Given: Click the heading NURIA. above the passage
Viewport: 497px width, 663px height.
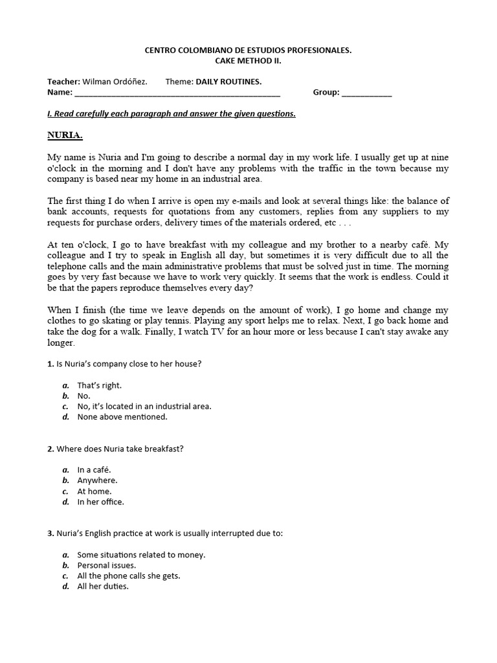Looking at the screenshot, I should point(65,135).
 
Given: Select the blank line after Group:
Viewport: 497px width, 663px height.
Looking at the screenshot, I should point(366,93).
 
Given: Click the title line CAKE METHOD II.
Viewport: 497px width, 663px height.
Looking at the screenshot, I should point(248,61).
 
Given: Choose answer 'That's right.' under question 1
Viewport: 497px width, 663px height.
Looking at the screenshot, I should point(99,385).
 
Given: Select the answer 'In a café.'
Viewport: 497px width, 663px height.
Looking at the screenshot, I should point(94,470).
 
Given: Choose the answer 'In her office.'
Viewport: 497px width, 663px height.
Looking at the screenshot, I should point(100,502).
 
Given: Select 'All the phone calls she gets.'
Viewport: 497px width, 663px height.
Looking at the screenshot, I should point(128,576).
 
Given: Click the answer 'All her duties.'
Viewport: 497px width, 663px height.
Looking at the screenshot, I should point(102,587).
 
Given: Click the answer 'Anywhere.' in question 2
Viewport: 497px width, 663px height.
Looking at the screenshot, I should point(97,480).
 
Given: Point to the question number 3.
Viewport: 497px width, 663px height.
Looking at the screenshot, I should point(50,534).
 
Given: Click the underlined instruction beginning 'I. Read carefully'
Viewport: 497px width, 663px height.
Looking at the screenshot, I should point(171,114).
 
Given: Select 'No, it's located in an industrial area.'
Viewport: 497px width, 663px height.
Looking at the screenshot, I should point(144,407).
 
